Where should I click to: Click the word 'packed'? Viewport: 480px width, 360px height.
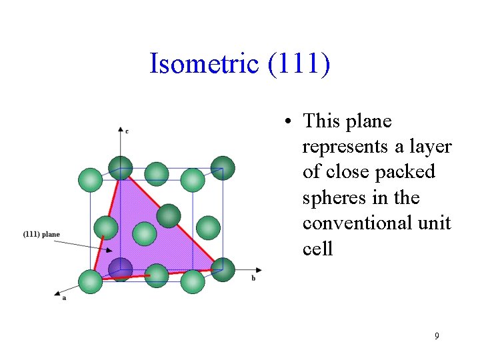click(405, 172)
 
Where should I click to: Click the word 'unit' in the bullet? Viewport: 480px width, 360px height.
click(434, 223)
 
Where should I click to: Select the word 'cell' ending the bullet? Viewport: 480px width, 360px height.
click(317, 248)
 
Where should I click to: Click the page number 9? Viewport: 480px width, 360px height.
click(437, 336)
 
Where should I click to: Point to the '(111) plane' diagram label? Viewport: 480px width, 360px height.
click(41, 234)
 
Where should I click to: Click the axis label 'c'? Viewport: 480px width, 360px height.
click(127, 131)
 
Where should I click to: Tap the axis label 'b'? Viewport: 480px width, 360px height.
click(253, 278)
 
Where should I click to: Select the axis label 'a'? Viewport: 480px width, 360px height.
click(64, 299)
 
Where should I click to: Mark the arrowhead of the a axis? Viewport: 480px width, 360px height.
click(58, 293)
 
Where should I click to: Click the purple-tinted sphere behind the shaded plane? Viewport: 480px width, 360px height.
click(121, 269)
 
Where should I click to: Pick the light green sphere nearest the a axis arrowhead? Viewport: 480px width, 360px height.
click(91, 281)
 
